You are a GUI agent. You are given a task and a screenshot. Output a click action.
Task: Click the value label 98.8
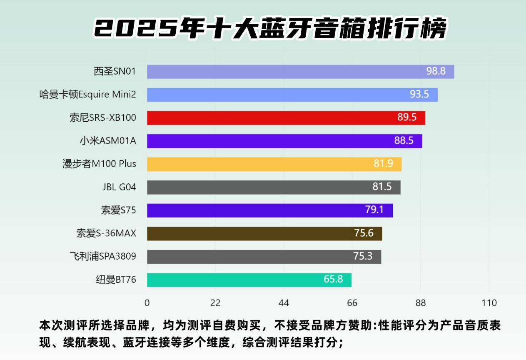(436, 71)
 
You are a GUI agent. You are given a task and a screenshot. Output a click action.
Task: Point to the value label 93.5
(419, 95)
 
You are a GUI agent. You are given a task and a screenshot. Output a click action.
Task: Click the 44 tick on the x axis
(284, 303)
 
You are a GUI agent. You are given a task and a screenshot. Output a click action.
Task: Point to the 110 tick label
(489, 303)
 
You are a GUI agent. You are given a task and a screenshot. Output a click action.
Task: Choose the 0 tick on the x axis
(147, 303)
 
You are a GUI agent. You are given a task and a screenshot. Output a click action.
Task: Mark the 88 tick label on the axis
(421, 303)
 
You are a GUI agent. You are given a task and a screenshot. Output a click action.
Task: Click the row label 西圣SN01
(115, 72)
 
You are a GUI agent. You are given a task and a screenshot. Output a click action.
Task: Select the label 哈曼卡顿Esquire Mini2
(87, 95)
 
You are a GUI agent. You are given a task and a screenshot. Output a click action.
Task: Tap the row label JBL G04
(119, 187)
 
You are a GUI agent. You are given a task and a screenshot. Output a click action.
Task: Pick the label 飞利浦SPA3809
(102, 256)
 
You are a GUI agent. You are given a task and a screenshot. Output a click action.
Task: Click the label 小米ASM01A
(108, 141)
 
